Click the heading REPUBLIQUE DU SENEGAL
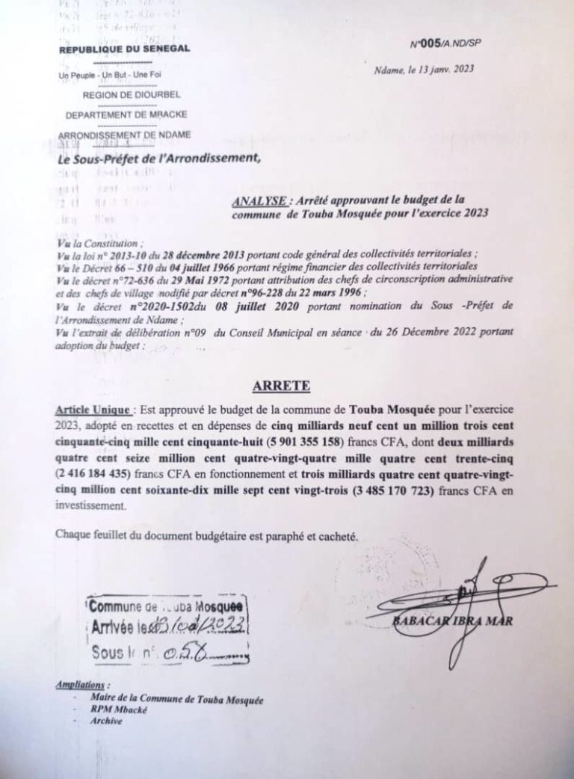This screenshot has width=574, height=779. (x=125, y=50)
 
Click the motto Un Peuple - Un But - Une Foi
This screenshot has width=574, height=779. (x=109, y=76)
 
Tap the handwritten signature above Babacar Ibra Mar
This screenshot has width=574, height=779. (x=471, y=591)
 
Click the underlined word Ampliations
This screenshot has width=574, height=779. (x=82, y=685)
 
